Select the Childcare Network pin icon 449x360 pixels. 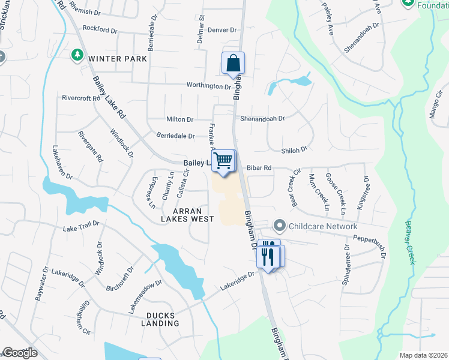coord(279,226)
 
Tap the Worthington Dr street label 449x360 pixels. coord(208,86)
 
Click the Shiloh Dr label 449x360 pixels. coord(294,149)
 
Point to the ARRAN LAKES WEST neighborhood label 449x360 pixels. coord(193,215)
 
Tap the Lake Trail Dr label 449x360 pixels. coord(80,229)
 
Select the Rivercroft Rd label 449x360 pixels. coord(80,98)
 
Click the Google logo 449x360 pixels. coord(20,353)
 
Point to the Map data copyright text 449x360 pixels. coord(423,355)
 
